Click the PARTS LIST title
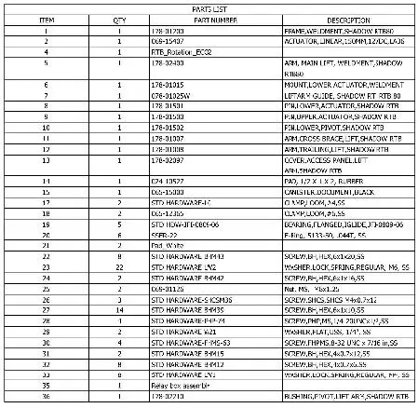(209, 8)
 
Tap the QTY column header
(119, 19)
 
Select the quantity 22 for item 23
(119, 266)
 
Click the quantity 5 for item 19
(119, 224)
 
